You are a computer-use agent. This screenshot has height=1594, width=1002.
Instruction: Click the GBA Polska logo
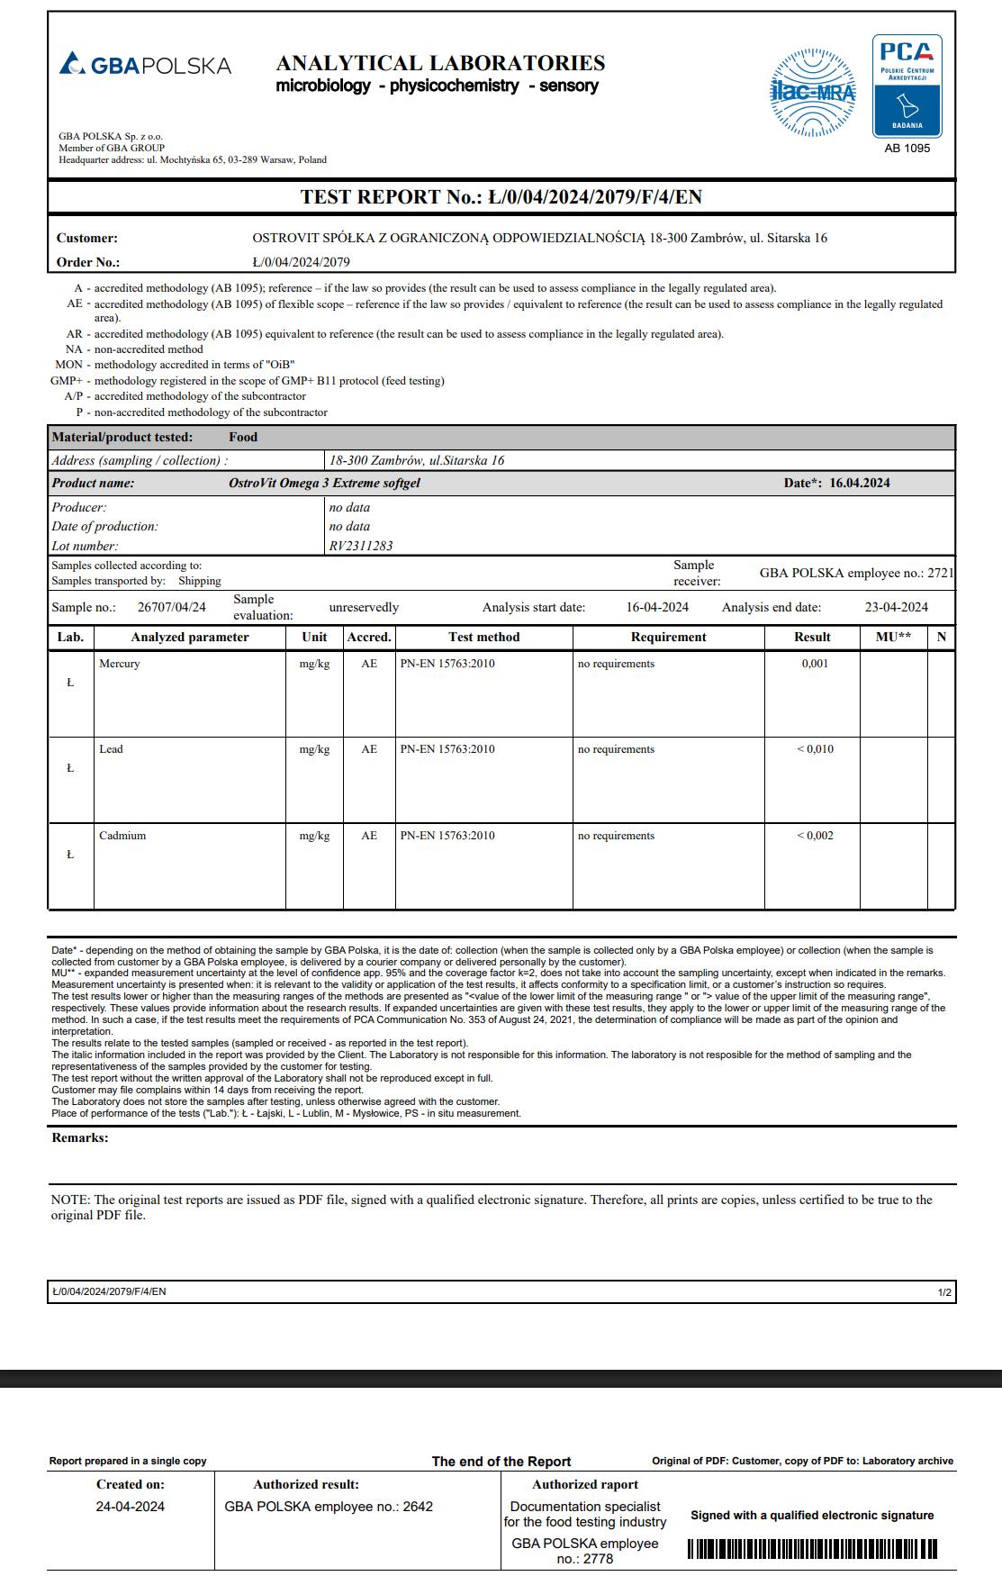pos(145,65)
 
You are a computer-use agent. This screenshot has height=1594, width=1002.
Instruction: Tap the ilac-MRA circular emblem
pos(813,92)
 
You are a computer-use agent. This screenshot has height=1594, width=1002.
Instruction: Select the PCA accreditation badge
pos(907,86)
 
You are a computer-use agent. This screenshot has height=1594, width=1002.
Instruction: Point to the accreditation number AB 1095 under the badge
pos(907,148)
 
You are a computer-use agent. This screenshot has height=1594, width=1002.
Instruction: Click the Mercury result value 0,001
pos(815,664)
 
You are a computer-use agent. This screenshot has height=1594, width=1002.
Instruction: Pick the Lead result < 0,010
pos(815,749)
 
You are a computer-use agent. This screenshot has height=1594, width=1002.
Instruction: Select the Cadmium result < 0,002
pos(815,836)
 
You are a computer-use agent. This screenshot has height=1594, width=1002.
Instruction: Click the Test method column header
pos(483,637)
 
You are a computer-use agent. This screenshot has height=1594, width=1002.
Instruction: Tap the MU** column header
pos(893,637)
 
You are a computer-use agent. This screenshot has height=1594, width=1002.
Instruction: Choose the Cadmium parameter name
pos(122,836)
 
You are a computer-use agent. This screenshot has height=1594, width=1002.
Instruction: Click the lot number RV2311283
pos(361,546)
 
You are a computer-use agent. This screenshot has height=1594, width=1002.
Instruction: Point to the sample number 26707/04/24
pos(171,607)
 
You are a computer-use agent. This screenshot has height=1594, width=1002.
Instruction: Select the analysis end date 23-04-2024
pos(896,607)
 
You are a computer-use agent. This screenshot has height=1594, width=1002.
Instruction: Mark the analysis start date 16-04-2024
pos(657,607)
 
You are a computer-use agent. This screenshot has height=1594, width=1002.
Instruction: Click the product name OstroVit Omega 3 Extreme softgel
pos(324,483)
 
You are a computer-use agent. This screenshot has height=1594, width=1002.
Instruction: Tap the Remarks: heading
pos(79,1137)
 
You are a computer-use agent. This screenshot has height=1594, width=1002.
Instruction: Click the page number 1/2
pos(944,1292)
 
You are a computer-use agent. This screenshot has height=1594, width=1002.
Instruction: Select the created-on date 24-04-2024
pos(131,1507)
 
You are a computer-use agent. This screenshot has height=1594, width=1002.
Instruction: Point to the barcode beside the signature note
pos(812,1548)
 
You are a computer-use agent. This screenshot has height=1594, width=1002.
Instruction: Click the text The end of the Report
pos(501,1462)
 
